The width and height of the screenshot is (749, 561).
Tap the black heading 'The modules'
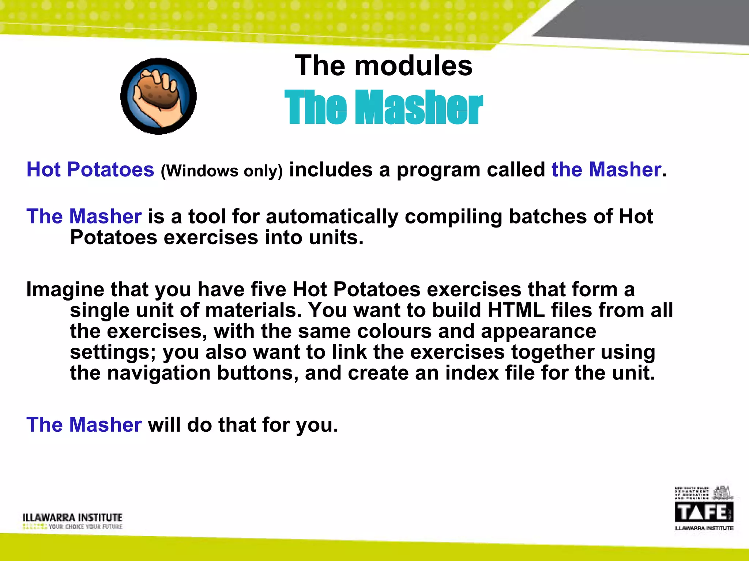383,66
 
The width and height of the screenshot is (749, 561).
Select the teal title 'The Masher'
383,107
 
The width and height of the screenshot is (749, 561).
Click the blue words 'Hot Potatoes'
90,169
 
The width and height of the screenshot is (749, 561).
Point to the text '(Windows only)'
222,171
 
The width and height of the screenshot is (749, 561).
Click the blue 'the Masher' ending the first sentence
606,169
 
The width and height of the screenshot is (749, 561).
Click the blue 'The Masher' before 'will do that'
84,425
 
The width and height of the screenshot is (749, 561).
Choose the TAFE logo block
704,512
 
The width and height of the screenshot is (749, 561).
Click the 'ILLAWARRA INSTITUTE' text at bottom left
72,517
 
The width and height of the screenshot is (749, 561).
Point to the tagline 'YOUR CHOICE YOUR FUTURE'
85,527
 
